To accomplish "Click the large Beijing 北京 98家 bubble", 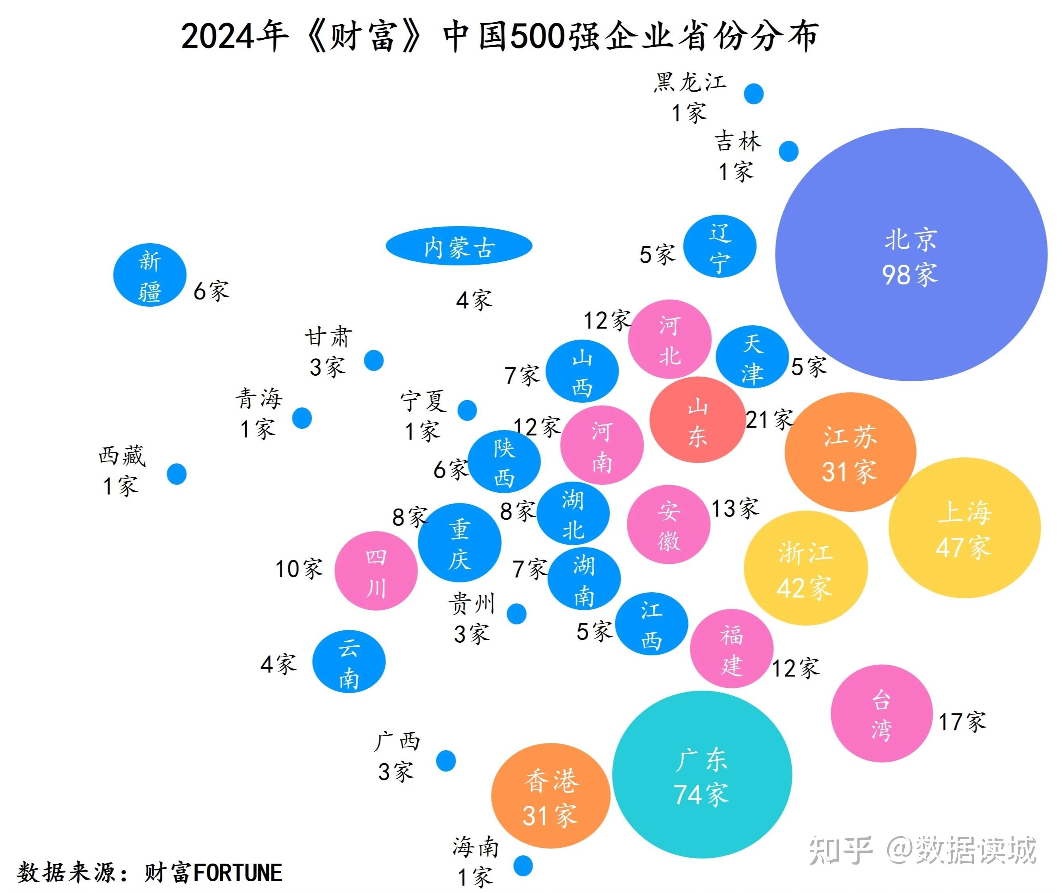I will pos(911,254).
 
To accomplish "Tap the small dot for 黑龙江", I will pos(754,94).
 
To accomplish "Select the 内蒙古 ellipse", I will pos(459,246).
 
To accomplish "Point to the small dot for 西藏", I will pos(177,474).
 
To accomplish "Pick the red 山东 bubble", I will pos(697,420).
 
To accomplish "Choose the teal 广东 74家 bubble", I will pos(702,774).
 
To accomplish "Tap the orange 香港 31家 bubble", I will pos(551,795).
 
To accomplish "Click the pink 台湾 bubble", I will pos(881,713).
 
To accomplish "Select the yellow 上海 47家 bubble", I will pos(964,528).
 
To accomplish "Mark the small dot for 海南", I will pos(523,866).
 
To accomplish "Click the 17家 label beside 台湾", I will pos(962,722).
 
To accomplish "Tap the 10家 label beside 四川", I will pos(299,568).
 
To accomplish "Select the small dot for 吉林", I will pos(789,151).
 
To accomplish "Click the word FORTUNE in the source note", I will pos(238,873).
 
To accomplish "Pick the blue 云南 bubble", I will pos(349,662).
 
